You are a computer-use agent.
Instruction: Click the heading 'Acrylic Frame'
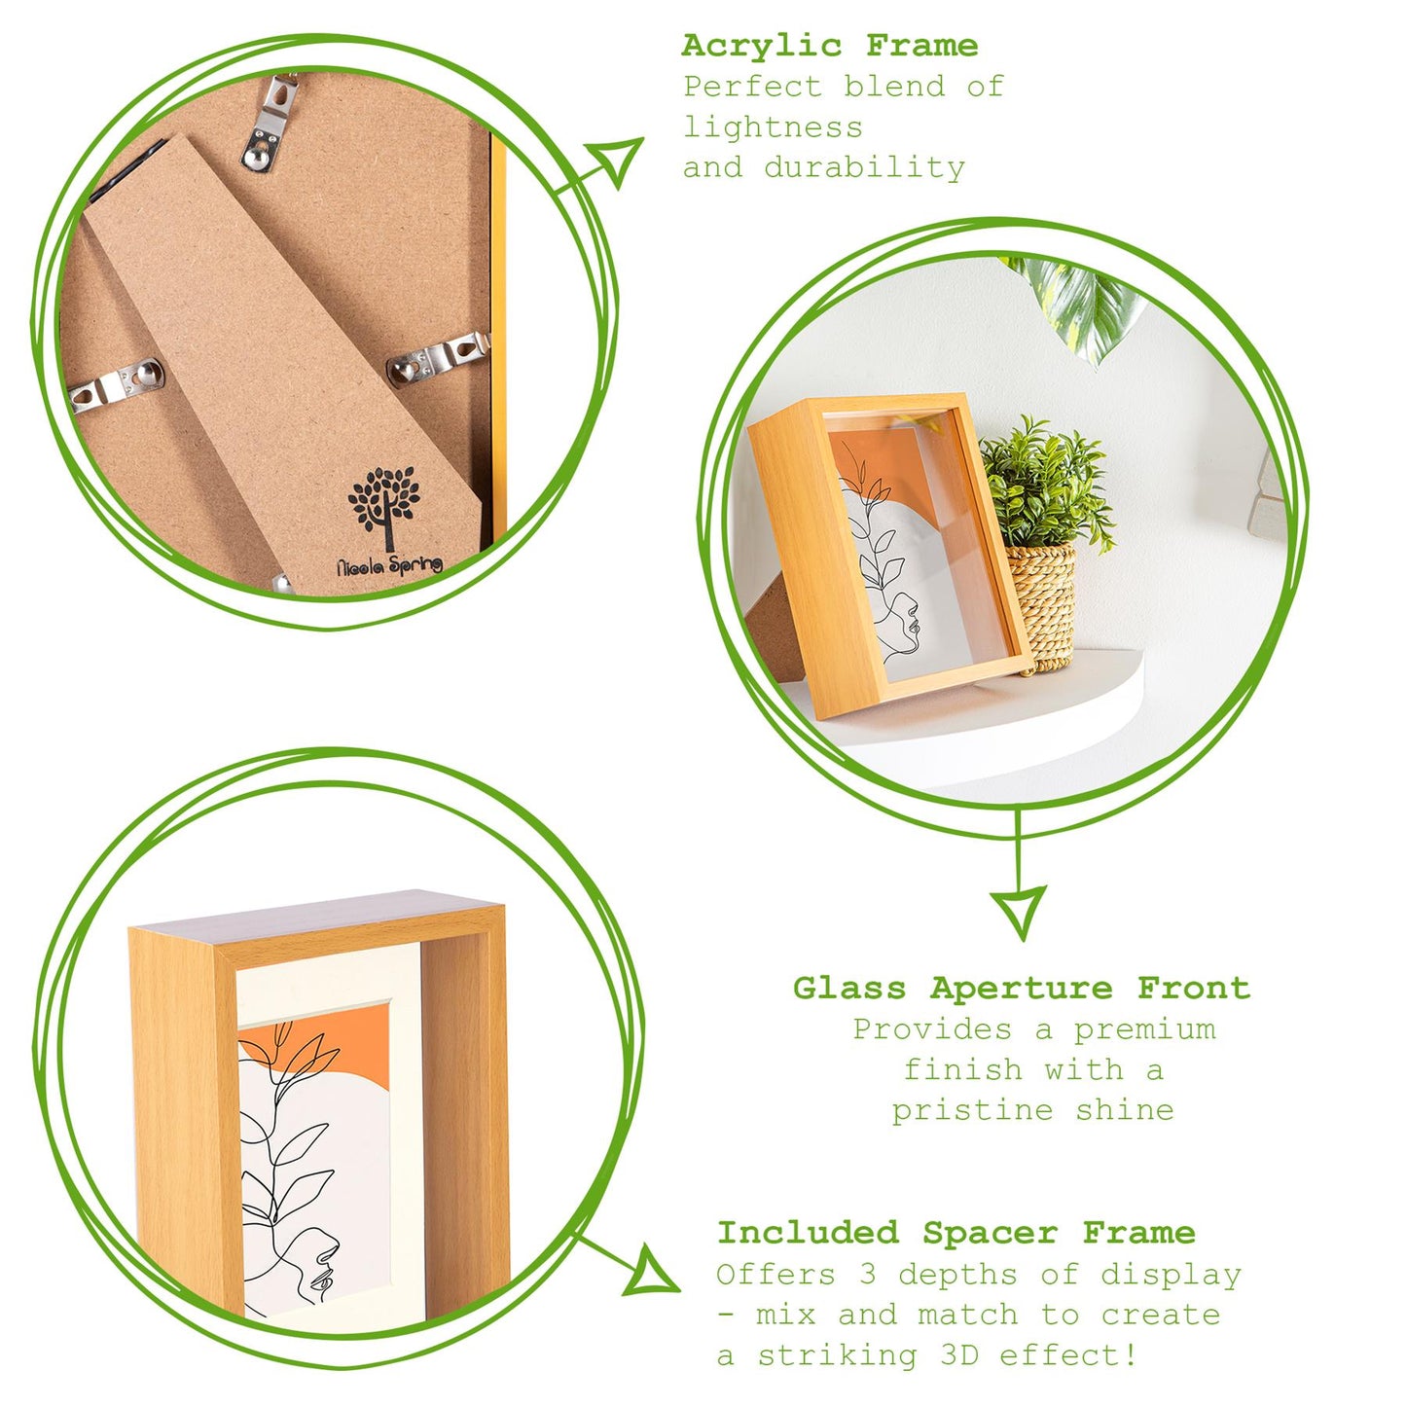[829, 46]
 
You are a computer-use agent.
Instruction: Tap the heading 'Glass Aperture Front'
[1021, 989]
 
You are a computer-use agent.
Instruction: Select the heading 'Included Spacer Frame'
[955, 1233]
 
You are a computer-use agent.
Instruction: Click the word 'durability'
[864, 167]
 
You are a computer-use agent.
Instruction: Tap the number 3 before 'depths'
[868, 1275]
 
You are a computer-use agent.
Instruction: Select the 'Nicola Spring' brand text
[389, 565]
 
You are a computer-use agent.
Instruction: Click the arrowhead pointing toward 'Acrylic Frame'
[619, 160]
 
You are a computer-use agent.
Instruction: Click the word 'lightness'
[773, 127]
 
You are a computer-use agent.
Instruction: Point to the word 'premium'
[1144, 1029]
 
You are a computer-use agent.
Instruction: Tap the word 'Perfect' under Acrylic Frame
[752, 87]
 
